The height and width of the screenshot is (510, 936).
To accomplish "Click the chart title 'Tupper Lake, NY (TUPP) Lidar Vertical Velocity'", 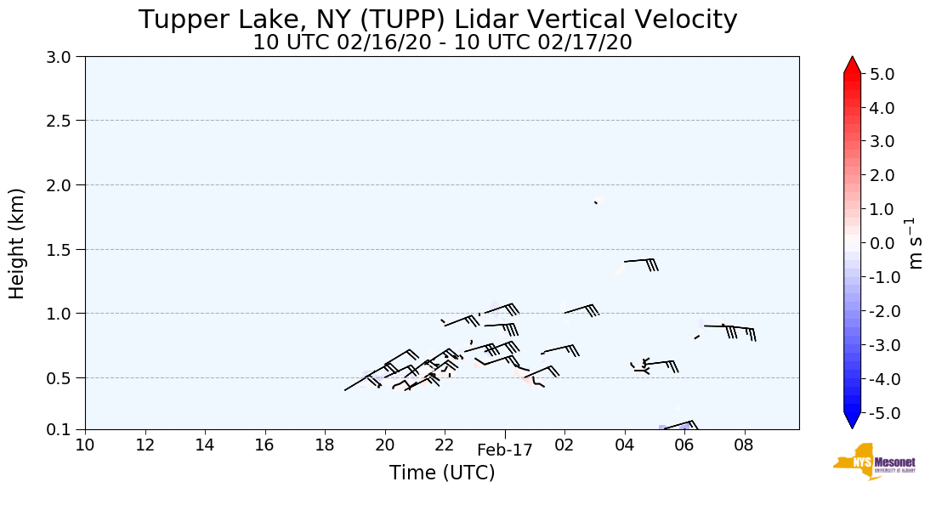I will coord(438,19).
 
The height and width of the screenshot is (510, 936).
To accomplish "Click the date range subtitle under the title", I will coord(442,42).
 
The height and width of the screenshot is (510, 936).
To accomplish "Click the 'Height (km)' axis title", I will coord(18,243).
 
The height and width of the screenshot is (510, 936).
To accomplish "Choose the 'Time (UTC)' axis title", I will coord(442,473).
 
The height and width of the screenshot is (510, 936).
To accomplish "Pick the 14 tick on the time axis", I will coord(205,445).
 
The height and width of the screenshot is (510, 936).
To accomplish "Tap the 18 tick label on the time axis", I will coord(325,445).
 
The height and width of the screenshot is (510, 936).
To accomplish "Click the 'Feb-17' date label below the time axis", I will coord(505,450).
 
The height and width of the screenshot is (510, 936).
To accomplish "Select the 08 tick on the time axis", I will coord(745,445).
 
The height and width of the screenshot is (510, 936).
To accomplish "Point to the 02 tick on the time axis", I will coord(564,445).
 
